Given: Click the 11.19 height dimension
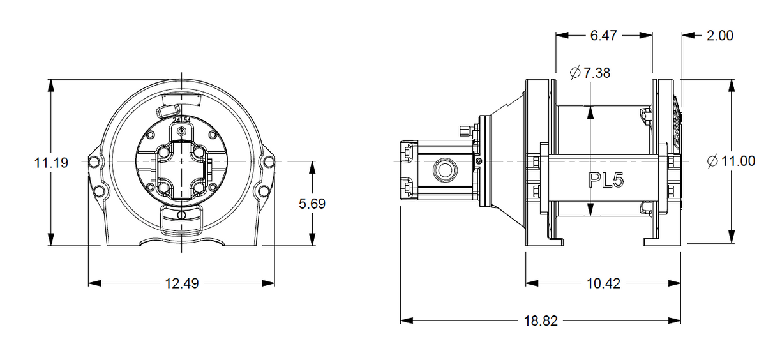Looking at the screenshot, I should [x=50, y=163].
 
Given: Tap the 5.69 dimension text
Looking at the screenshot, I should [x=312, y=204].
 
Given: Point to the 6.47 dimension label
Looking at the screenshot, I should [x=603, y=36].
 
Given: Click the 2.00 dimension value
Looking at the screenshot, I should [x=719, y=36].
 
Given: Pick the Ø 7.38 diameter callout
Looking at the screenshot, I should [x=589, y=73].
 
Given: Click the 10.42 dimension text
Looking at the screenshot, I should [x=603, y=283].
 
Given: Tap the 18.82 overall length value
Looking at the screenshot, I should [x=541, y=321].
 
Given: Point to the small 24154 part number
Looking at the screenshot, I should [x=181, y=121].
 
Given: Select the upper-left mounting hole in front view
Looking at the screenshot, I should [x=94, y=160].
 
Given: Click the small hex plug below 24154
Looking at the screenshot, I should [x=183, y=130].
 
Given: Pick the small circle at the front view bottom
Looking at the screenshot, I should [x=182, y=214].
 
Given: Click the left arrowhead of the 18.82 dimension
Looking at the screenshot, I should [x=403, y=321].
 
